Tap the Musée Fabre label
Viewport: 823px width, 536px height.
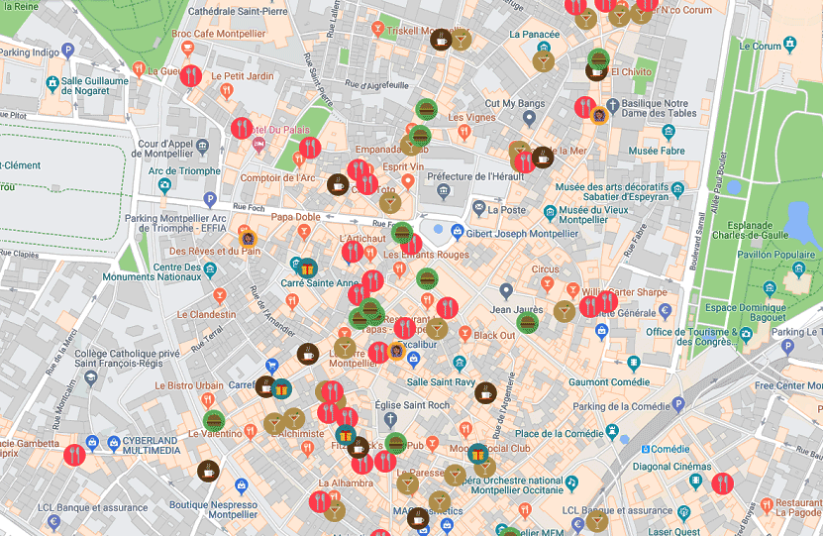point(658,152)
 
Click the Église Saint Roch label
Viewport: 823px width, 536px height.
point(412,405)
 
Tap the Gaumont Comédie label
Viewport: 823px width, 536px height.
point(611,381)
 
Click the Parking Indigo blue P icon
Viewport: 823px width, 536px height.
point(68,51)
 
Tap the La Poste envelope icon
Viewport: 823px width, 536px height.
point(480,209)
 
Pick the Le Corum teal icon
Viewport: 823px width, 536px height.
point(790,45)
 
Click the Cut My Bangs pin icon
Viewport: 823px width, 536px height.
point(529,119)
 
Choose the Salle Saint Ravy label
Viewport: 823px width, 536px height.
point(441,381)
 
